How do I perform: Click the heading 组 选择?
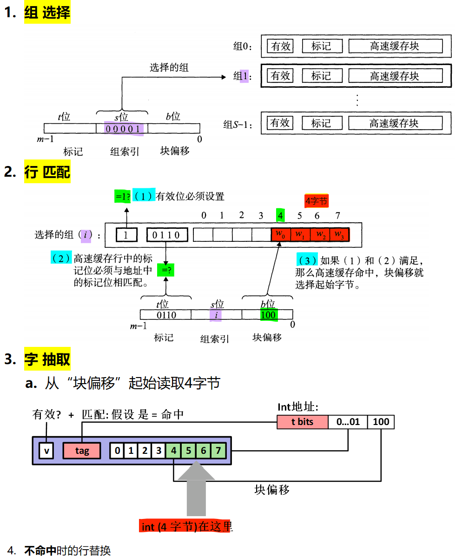pyautogui.click(x=47, y=13)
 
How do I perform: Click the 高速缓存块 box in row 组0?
pyautogui.click(x=395, y=46)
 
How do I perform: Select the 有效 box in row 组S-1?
pyautogui.click(x=280, y=123)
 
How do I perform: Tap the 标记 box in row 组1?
pyautogui.click(x=322, y=76)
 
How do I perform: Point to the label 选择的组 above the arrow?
pyautogui.click(x=169, y=67)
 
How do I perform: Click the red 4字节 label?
pyautogui.click(x=316, y=201)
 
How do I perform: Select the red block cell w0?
pyautogui.click(x=280, y=234)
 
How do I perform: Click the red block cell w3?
pyautogui.click(x=339, y=234)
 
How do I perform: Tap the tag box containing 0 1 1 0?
pyautogui.click(x=167, y=235)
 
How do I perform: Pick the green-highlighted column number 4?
pyautogui.click(x=280, y=215)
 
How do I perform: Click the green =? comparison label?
pyautogui.click(x=166, y=270)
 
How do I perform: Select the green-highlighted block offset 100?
pyautogui.click(x=268, y=315)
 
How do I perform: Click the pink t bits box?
pyautogui.click(x=302, y=422)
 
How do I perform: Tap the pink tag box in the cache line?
pyautogui.click(x=82, y=451)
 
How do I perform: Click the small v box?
pyautogui.click(x=46, y=451)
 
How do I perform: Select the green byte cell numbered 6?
pyautogui.click(x=203, y=451)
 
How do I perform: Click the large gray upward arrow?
pyautogui.click(x=196, y=488)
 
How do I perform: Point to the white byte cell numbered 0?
pyautogui.click(x=118, y=451)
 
